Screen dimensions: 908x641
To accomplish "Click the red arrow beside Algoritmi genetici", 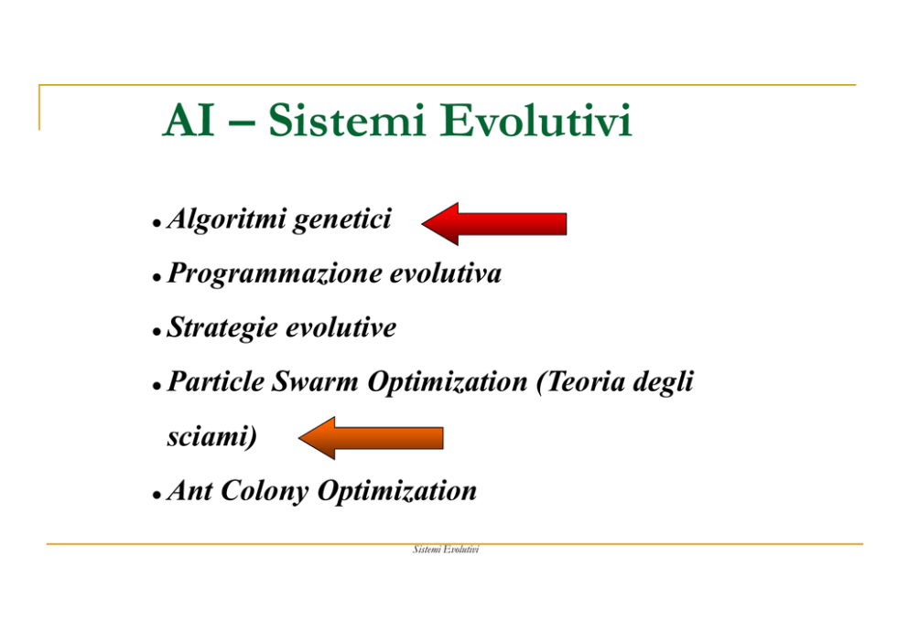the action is (494, 224).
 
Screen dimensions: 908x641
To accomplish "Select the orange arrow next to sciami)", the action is (371, 438).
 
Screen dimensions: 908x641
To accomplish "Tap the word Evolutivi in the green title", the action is (535, 121).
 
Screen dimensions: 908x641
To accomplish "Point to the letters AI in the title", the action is (189, 121).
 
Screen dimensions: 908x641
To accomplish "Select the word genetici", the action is (342, 220).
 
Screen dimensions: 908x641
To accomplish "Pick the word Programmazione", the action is (274, 274).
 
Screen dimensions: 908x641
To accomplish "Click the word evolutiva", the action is (446, 273).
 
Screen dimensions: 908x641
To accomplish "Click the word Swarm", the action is (315, 382).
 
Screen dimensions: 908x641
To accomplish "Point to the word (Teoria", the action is (580, 382).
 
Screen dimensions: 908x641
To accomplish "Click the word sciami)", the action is (212, 437).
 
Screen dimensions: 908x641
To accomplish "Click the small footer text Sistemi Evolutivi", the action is (446, 549).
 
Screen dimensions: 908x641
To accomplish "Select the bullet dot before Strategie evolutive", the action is (157, 332).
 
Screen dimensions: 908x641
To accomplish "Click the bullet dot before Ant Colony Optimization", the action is (157, 496).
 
